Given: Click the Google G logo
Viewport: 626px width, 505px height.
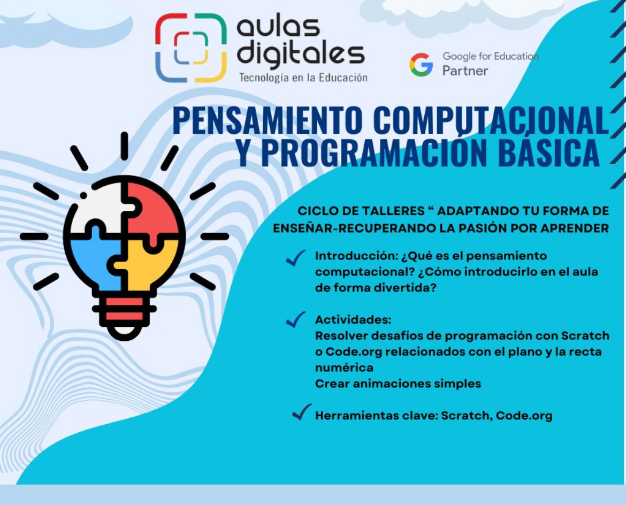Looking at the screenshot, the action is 421,64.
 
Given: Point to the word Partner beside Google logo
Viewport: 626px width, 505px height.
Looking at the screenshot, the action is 465,71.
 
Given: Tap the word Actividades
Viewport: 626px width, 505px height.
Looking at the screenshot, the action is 353,320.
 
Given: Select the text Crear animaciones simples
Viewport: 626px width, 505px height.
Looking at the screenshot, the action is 398,384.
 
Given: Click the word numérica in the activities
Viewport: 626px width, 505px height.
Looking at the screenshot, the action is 344,368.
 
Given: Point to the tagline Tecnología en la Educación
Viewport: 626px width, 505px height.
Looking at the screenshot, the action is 303,78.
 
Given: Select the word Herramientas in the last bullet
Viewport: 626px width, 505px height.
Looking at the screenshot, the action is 356,416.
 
